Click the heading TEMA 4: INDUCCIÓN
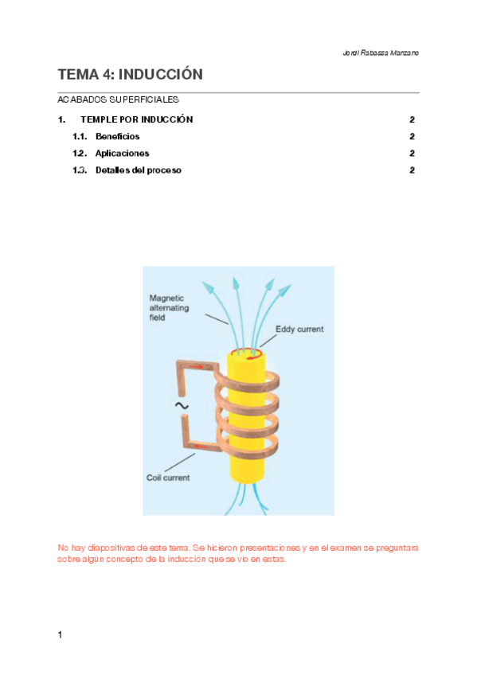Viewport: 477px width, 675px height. tap(130, 75)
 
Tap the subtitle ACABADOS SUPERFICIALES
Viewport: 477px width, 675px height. tap(118, 100)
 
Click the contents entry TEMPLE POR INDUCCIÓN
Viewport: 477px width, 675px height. tap(137, 120)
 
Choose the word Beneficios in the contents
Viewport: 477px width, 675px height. tap(117, 137)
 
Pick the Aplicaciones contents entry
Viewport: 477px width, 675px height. tap(122, 154)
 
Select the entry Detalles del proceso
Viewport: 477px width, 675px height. tap(138, 170)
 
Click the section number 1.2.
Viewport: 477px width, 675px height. tap(80, 154)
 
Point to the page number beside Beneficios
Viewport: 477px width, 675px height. tap(412, 137)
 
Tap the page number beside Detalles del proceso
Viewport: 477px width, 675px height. tap(412, 170)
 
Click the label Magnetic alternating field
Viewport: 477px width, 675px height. tap(169, 307)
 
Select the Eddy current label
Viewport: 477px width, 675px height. tap(299, 329)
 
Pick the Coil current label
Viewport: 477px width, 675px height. tap(168, 478)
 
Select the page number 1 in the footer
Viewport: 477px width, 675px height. tap(60, 634)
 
